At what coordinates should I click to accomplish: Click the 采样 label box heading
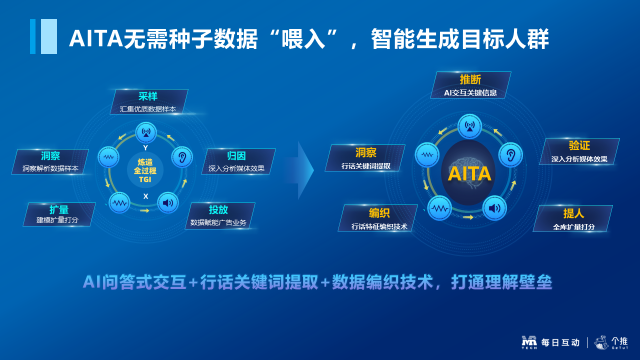(148, 96)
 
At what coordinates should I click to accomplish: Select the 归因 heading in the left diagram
(236, 156)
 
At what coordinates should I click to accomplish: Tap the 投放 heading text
(218, 209)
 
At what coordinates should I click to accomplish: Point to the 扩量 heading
(59, 209)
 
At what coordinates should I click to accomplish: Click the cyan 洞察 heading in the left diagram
(50, 156)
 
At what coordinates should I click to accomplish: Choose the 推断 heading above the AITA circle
(470, 79)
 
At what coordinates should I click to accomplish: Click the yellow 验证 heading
(579, 145)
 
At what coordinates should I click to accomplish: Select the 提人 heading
(573, 213)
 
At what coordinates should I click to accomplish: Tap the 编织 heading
(379, 213)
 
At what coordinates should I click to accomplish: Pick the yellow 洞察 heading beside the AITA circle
(365, 152)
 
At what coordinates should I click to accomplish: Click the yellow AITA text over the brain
(469, 173)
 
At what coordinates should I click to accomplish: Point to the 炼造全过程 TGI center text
(145, 170)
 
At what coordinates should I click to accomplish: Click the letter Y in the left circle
(145, 147)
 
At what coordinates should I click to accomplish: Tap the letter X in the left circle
(145, 196)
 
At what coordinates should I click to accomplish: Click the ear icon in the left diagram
(182, 157)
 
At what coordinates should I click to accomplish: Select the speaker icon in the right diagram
(494, 208)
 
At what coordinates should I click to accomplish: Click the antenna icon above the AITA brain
(469, 126)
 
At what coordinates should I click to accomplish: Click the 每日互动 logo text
(560, 342)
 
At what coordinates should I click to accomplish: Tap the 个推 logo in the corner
(611, 342)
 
